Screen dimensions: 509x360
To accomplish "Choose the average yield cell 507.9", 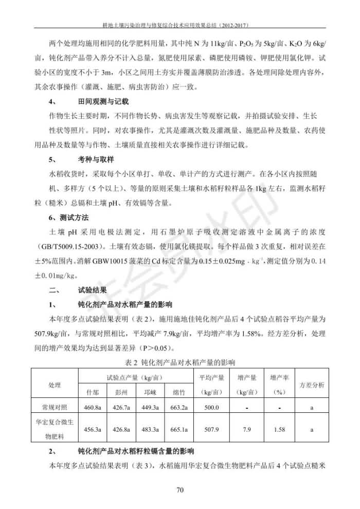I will click(211, 429).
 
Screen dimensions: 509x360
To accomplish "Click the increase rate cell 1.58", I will click(279, 429).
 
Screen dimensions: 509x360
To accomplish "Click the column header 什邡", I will click(93, 392).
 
